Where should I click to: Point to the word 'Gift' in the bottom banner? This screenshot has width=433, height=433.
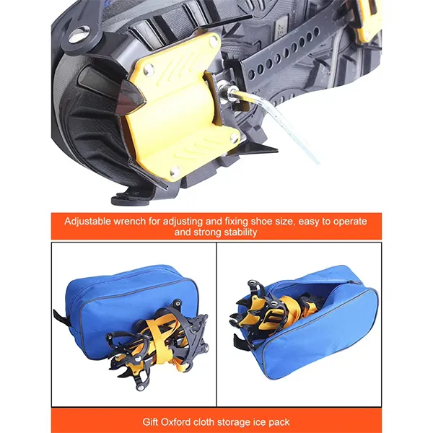[150, 421]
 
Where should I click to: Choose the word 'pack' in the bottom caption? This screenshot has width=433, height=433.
[279, 422]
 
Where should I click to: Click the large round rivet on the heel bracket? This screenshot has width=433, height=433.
[79, 35]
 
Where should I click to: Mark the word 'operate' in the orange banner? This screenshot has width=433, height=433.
[350, 222]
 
